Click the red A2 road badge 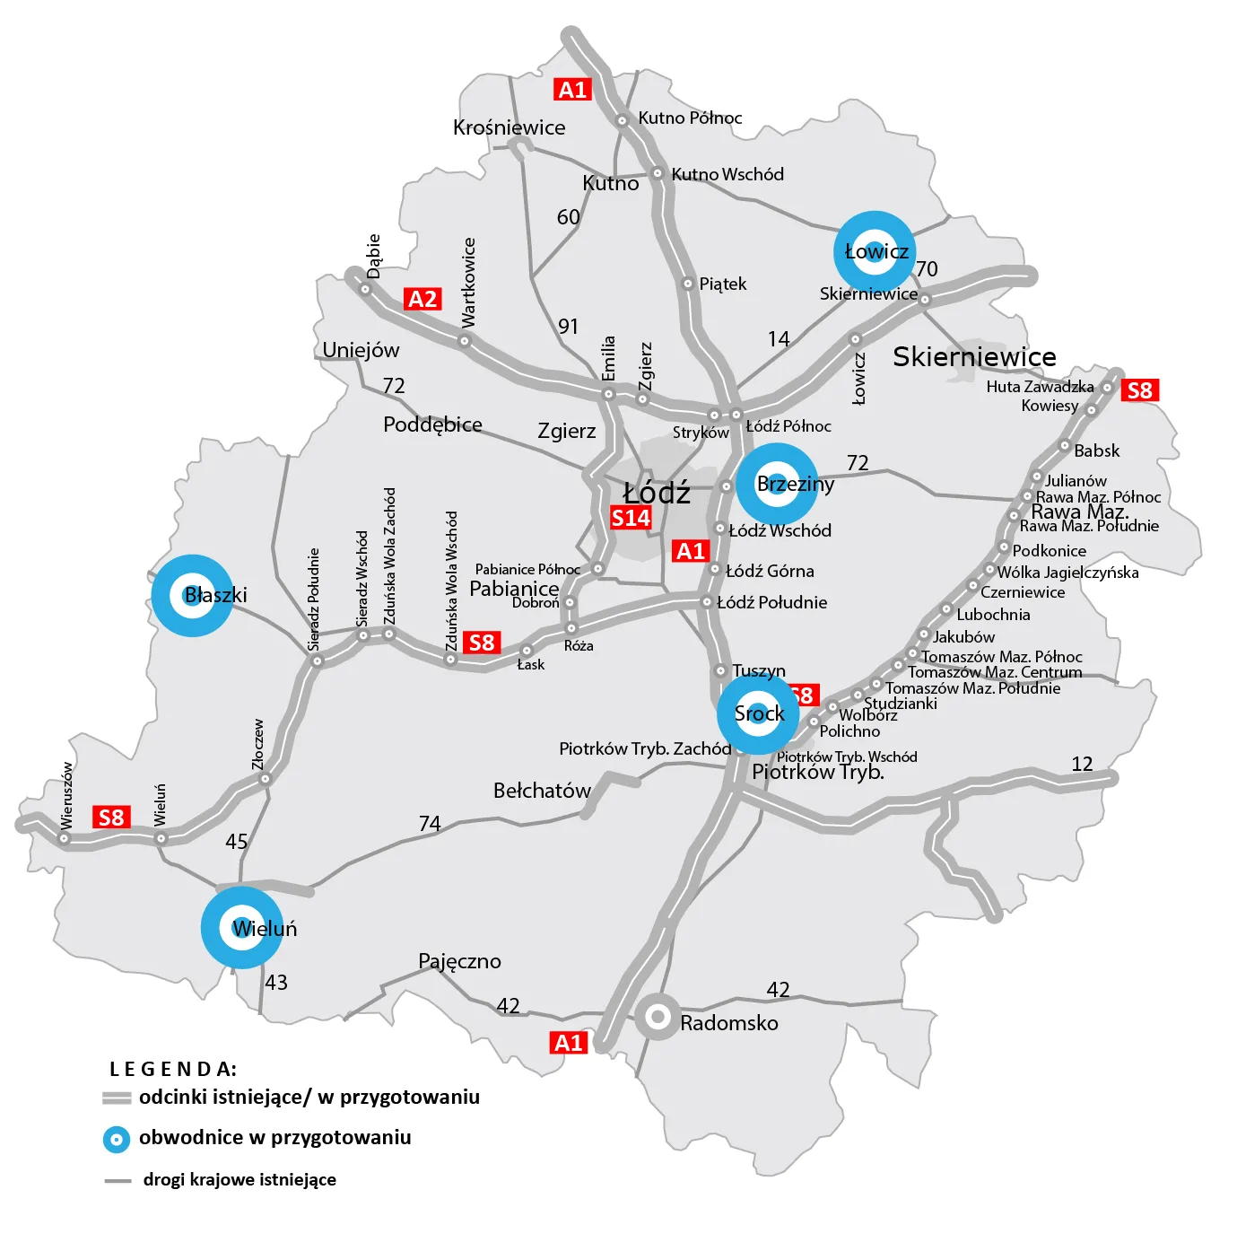coord(422,299)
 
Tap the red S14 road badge coord(631,518)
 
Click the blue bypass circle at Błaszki coord(192,595)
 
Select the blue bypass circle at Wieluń coord(242,928)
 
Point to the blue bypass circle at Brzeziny coord(777,484)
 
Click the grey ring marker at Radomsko coord(658,1017)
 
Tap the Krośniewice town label coord(509,127)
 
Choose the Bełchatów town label coord(542,791)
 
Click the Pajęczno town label coord(459,961)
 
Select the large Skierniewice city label coord(974,357)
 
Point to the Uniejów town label coord(361,350)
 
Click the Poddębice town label coord(432,424)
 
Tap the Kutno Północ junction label coord(690,118)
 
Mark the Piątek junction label coord(722,284)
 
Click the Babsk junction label coord(1096,451)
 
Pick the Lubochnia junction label coord(993,615)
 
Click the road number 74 coord(430,823)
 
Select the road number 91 coord(568,326)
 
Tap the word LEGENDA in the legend coord(172,1069)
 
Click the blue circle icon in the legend coord(117,1139)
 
